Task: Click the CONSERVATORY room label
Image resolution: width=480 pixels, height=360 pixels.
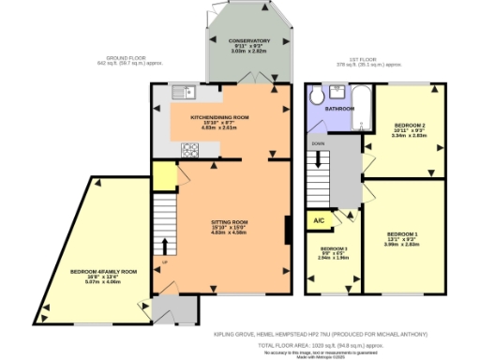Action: (x=249, y=41)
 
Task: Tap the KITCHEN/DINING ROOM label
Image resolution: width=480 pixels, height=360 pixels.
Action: (x=219, y=117)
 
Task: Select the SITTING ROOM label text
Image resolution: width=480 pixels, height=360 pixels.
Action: (x=228, y=221)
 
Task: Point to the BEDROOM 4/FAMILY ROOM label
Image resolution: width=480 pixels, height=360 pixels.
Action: (x=103, y=271)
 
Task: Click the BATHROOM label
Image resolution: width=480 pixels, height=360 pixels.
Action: (x=340, y=109)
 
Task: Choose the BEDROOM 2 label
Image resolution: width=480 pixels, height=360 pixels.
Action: (x=410, y=125)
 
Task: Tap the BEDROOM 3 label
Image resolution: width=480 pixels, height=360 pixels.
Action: (x=335, y=249)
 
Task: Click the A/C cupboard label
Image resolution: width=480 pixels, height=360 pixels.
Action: (x=319, y=221)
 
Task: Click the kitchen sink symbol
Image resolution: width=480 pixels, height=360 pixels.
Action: (x=182, y=92)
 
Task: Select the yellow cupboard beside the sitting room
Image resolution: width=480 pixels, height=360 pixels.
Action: (x=162, y=175)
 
